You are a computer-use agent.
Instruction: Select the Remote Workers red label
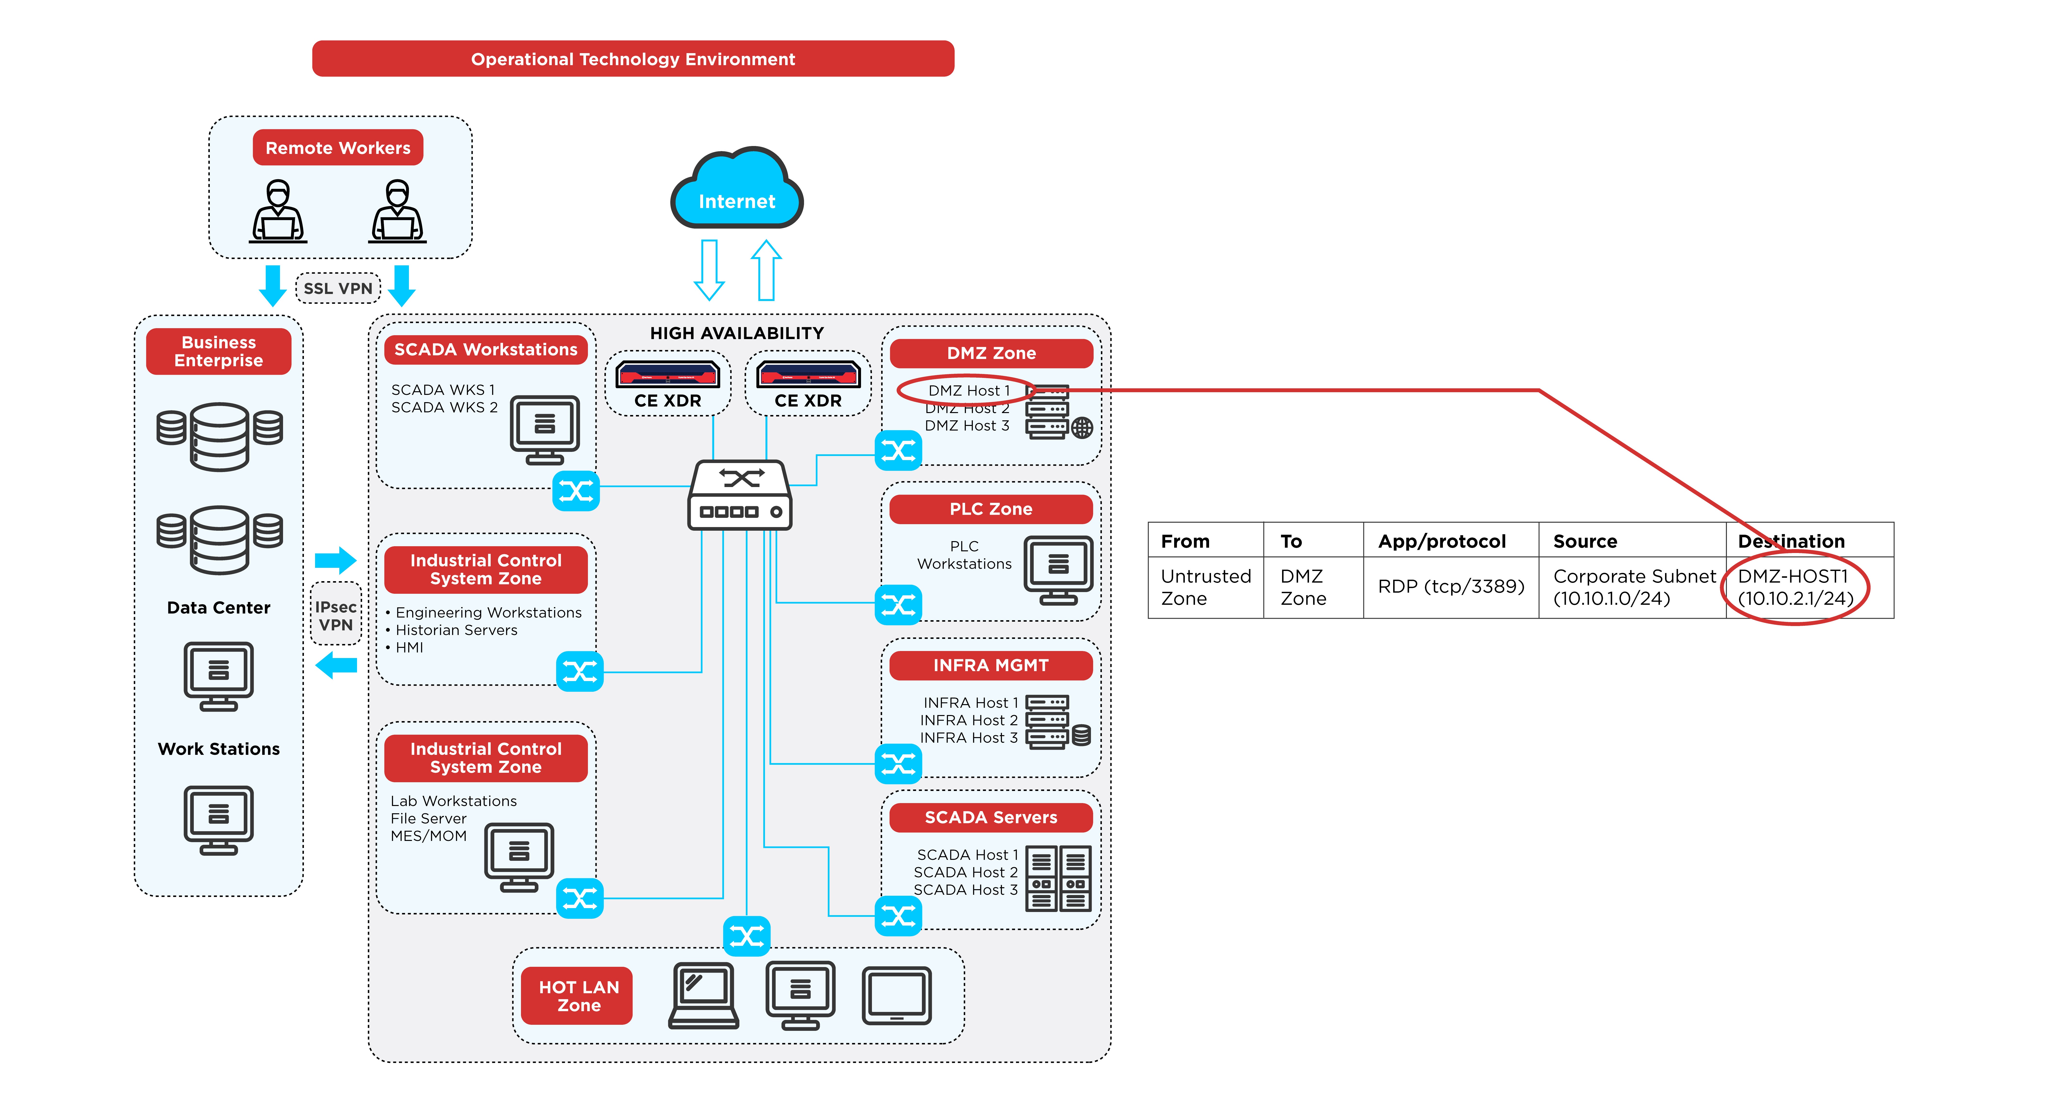pos(337,147)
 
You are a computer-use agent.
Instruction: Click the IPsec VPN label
pos(335,615)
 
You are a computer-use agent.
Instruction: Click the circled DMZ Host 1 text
pos(968,390)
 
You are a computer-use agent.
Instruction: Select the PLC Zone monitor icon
pos(1058,570)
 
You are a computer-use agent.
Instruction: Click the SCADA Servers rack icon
pos(1058,878)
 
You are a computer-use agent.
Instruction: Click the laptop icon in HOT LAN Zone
pos(703,996)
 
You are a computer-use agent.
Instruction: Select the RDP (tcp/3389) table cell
pos(1451,587)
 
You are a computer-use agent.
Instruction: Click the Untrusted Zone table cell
pos(1206,587)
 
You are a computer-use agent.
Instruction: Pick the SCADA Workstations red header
pos(486,350)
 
